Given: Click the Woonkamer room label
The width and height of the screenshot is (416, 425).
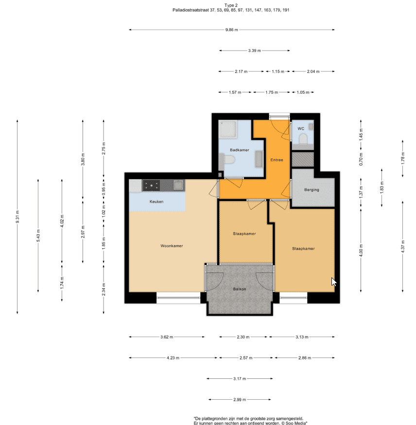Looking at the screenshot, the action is pyautogui.click(x=172, y=246).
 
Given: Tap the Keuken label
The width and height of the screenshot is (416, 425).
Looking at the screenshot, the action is pyautogui.click(x=156, y=202).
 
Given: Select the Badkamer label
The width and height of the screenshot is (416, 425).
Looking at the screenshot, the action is pyautogui.click(x=240, y=150).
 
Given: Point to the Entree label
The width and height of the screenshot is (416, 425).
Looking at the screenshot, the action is pyautogui.click(x=277, y=160).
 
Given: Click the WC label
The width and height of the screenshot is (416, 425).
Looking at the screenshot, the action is pyautogui.click(x=301, y=129).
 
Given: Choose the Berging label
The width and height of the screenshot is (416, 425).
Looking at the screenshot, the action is pyautogui.click(x=312, y=190).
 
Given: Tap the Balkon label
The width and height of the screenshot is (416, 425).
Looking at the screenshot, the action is pyautogui.click(x=240, y=289).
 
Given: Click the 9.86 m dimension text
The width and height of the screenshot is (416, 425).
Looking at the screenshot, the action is pyautogui.click(x=232, y=30).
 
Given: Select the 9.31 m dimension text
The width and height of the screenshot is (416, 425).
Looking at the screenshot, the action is pyautogui.click(x=17, y=217).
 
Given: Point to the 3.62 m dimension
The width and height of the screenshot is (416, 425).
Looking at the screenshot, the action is pyautogui.click(x=167, y=337).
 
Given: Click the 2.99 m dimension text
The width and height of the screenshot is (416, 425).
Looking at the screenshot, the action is pyautogui.click(x=240, y=400).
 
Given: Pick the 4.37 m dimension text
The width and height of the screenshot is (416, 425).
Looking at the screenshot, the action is pyautogui.click(x=403, y=247).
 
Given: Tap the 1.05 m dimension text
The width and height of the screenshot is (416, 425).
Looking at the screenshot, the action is pyautogui.click(x=303, y=92).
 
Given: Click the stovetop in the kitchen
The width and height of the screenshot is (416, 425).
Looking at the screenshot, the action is pyautogui.click(x=151, y=186).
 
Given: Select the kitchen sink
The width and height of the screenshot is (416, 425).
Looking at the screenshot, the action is pyautogui.click(x=178, y=185).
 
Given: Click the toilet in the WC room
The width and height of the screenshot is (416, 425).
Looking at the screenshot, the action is pyautogui.click(x=303, y=138).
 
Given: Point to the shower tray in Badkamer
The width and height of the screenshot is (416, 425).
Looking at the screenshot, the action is pyautogui.click(x=228, y=129).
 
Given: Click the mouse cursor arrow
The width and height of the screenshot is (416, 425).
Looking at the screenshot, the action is pyautogui.click(x=333, y=282).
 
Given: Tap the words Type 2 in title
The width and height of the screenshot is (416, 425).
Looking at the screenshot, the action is pyautogui.click(x=231, y=5).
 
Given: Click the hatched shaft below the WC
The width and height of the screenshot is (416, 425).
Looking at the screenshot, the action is pyautogui.click(x=303, y=159).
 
